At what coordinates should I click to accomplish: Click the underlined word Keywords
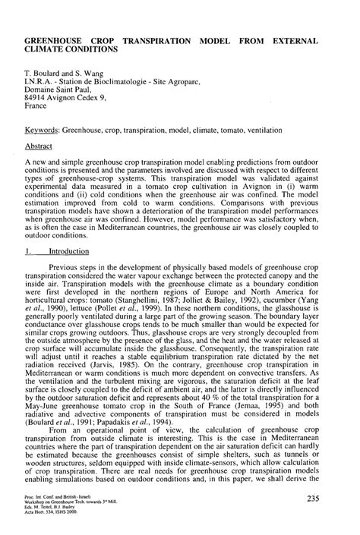coord(44,131)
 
